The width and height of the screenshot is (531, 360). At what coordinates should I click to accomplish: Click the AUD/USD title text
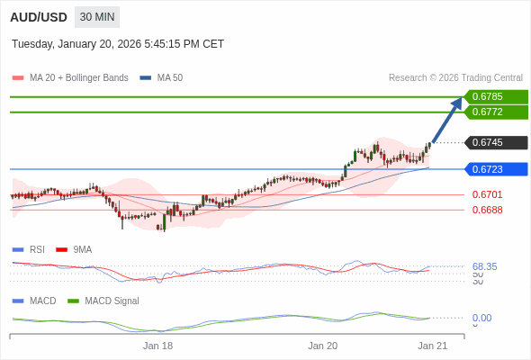[38, 17]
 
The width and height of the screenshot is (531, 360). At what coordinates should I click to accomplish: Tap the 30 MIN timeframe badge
[97, 17]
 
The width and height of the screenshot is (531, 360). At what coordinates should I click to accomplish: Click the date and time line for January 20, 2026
[118, 44]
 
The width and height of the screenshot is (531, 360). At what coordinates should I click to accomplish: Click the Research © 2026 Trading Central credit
[455, 78]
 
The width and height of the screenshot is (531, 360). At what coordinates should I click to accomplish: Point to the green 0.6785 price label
[495, 97]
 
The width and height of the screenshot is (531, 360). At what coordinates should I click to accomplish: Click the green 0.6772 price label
[495, 112]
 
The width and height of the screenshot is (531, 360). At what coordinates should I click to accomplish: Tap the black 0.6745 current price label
[495, 142]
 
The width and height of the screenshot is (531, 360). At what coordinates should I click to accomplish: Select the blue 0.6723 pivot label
[495, 169]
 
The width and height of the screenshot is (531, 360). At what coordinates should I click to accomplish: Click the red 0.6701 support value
[487, 194]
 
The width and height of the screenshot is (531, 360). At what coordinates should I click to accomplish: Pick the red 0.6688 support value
[487, 210]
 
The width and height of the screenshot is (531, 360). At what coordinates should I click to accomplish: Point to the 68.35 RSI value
[484, 266]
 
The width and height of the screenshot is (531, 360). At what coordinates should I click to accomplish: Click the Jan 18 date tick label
[157, 345]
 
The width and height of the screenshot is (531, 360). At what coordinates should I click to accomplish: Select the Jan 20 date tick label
[322, 345]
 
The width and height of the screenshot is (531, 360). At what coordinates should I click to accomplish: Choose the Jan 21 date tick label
[432, 345]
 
